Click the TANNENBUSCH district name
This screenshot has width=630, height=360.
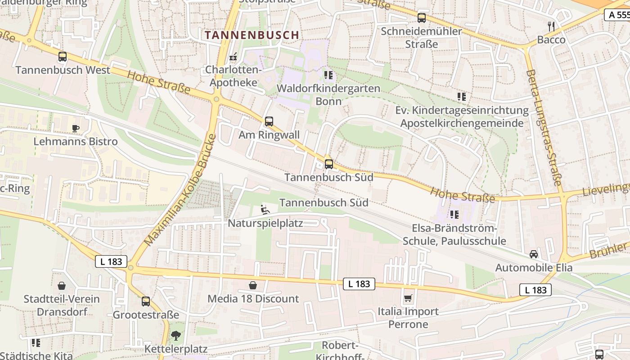coord(252,35)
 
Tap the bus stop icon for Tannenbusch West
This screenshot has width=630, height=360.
coord(63,57)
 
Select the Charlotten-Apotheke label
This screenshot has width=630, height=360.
coord(233,76)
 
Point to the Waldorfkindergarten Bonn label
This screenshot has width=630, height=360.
coord(328,94)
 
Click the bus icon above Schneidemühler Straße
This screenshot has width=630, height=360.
coord(421,18)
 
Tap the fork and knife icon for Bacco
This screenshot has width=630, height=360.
coord(551,26)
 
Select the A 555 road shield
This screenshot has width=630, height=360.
coord(617,15)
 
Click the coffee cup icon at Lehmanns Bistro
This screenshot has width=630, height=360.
coord(76,128)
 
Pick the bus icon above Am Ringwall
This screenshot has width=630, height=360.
coord(269,121)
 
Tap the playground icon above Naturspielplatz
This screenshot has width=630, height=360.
coord(265,210)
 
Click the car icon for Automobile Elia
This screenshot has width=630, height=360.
coord(534,254)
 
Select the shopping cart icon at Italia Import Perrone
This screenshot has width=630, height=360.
coord(408,298)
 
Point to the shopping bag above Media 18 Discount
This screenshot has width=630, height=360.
coord(253,285)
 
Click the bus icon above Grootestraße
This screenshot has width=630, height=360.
coord(146,301)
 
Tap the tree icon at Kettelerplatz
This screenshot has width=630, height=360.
coord(175,335)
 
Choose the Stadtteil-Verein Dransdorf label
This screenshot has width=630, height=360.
coord(62,305)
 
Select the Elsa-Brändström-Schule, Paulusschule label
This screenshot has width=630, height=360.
coord(454,234)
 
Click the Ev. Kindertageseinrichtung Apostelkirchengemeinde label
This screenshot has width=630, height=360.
coord(462,117)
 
